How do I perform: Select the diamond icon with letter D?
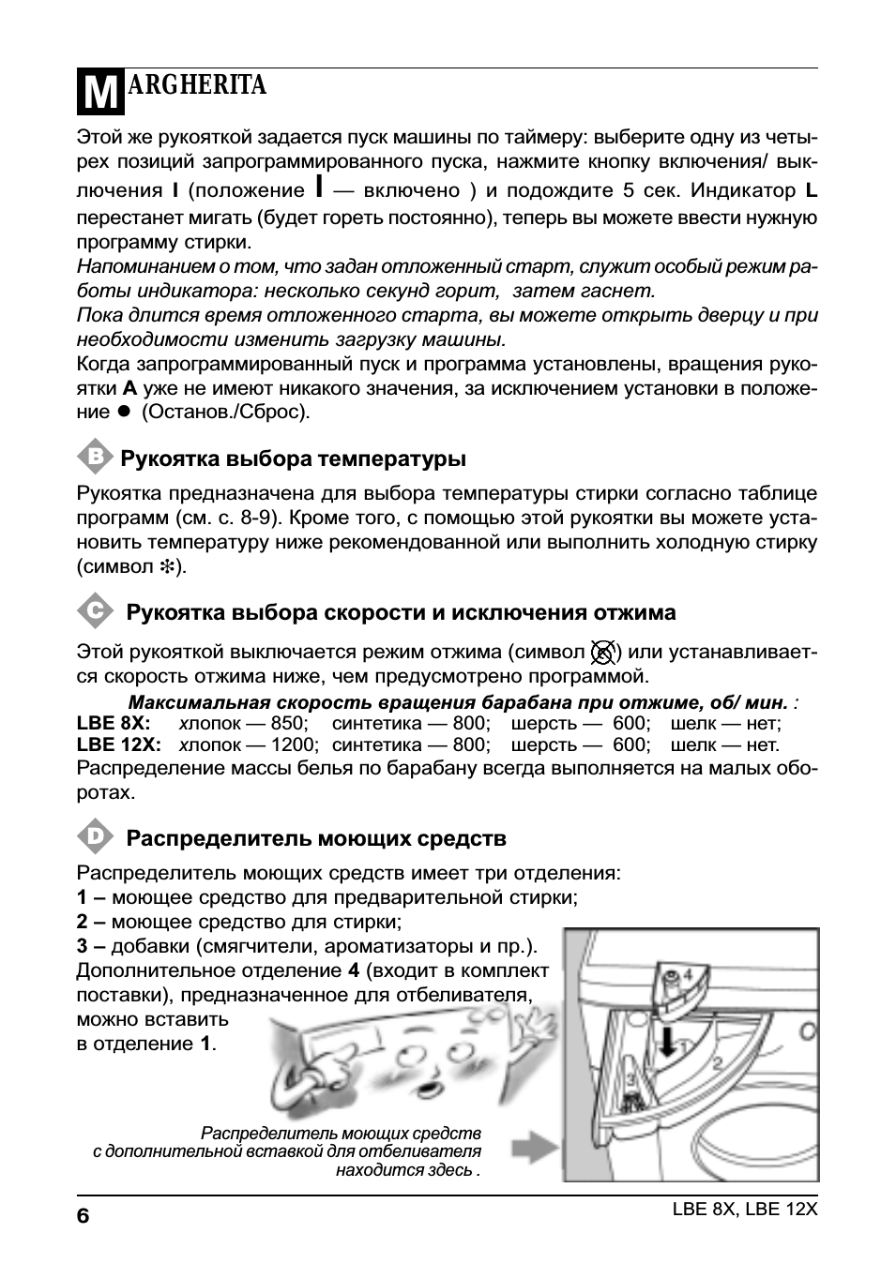[94, 835]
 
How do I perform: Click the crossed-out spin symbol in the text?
[605, 652]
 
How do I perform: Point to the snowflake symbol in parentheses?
[169, 566]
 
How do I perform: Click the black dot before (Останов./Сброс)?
[122, 412]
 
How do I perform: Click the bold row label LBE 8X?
[114, 723]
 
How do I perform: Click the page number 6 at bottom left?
[83, 1216]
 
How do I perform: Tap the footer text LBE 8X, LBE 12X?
[745, 1209]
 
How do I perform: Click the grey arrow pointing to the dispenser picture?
[536, 1147]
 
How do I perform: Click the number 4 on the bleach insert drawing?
[688, 974]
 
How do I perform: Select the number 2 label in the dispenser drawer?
[718, 1062]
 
